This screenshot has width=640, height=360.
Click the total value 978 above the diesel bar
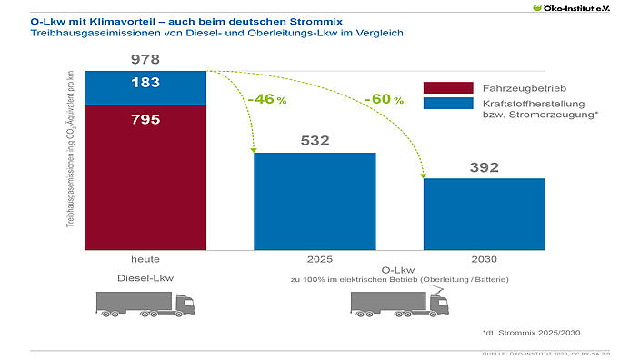tap(145, 60)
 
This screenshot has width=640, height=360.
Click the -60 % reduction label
tap(383, 98)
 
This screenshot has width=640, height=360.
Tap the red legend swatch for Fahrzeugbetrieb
tap(448, 87)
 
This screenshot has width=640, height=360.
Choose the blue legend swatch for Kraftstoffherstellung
tap(448, 104)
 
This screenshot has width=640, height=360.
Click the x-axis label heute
tap(145, 258)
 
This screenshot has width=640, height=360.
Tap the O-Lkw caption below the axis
tap(399, 270)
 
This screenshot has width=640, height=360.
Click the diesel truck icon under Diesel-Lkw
tap(145, 305)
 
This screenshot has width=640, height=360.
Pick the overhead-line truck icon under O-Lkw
tap(399, 303)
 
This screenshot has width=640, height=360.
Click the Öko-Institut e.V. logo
tap(585, 8)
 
